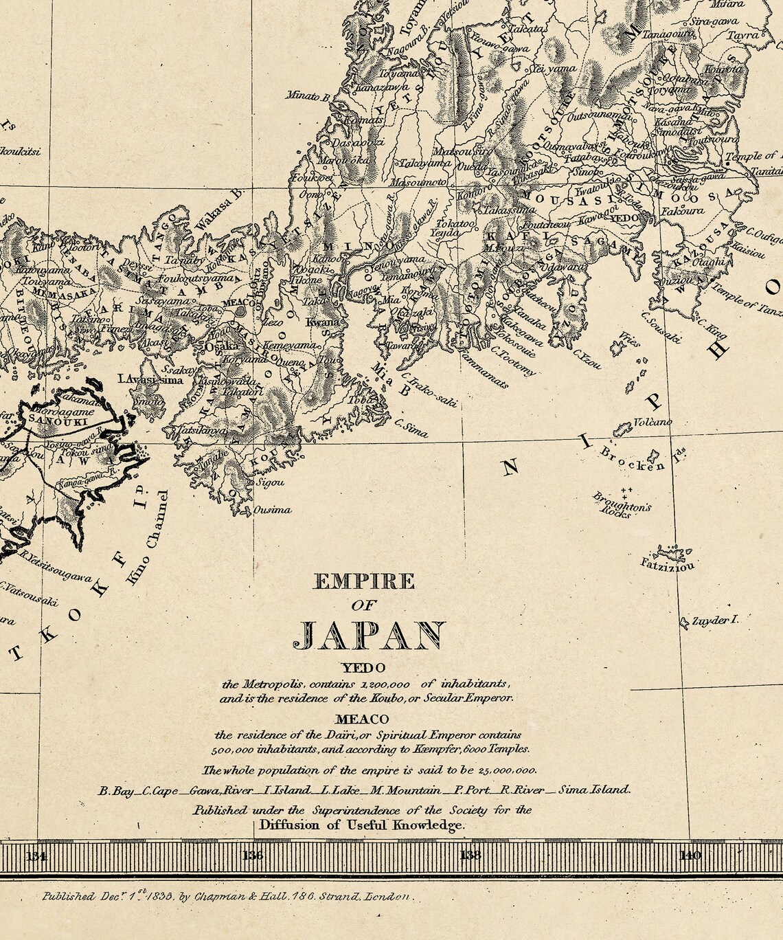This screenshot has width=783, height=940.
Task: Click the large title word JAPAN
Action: click(x=372, y=636)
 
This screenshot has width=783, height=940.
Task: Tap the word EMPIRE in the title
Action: click(x=364, y=582)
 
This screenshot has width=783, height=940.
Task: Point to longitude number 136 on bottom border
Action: click(x=253, y=855)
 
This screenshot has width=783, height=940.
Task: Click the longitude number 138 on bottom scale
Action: click(x=470, y=855)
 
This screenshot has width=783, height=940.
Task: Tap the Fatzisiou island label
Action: click(x=668, y=565)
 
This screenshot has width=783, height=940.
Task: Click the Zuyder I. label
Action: click(x=715, y=620)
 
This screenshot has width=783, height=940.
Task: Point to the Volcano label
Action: click(x=652, y=422)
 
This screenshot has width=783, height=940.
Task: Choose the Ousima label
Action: click(x=273, y=510)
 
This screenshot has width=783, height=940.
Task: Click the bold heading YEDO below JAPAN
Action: click(x=364, y=667)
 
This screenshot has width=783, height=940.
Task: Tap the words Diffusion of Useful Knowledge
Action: click(x=361, y=825)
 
